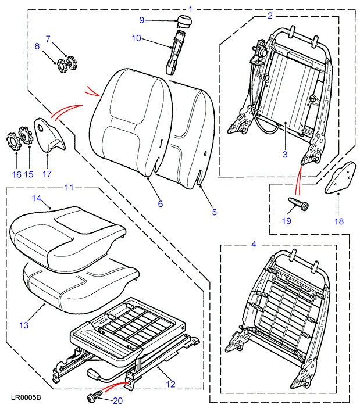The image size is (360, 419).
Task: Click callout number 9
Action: point(141,20)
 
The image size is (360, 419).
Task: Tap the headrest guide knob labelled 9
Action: point(184,22)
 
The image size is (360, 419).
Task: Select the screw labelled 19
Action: point(298,203)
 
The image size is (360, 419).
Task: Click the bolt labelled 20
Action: point(93,398)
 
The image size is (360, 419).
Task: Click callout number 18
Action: point(338,221)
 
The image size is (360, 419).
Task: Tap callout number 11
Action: point(69,187)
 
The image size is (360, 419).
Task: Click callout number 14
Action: point(35,199)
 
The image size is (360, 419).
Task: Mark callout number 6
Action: point(160,203)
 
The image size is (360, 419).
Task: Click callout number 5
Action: point(214,212)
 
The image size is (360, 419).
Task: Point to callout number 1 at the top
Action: point(190,9)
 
